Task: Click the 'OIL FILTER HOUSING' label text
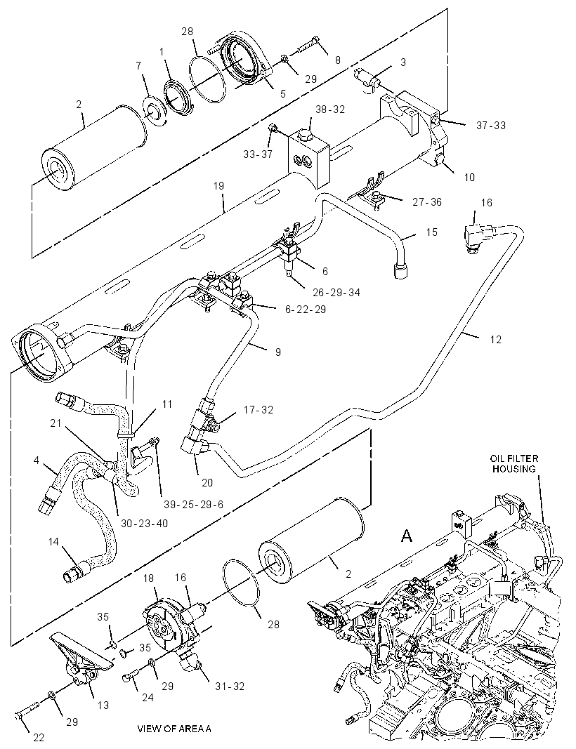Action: [x=514, y=463]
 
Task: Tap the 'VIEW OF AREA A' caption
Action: [x=174, y=729]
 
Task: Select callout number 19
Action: [x=218, y=185]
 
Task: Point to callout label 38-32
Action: [x=330, y=110]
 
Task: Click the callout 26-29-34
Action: [x=336, y=292]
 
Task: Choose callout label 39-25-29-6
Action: [x=193, y=504]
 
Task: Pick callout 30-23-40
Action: [x=144, y=523]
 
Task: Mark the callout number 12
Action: [x=496, y=339]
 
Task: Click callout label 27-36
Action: [x=427, y=202]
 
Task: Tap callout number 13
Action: [x=103, y=705]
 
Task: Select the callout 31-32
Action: [x=230, y=686]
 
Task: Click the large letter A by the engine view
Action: [x=406, y=536]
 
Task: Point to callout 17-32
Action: [x=258, y=410]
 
